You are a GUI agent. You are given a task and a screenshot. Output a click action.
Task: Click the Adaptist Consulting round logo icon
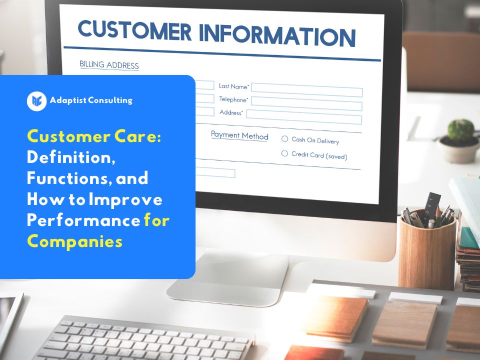click(x=36, y=101)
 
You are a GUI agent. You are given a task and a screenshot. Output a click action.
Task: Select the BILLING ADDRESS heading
click(x=109, y=65)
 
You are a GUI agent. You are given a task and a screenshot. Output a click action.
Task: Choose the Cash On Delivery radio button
click(x=285, y=138)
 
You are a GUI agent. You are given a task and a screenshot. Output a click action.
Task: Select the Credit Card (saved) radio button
click(x=285, y=153)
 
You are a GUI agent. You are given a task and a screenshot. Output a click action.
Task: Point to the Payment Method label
click(x=239, y=135)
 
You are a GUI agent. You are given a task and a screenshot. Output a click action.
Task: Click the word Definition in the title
click(x=71, y=157)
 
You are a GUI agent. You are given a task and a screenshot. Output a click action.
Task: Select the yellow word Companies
click(x=74, y=241)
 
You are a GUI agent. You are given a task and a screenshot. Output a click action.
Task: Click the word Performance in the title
click(x=83, y=220)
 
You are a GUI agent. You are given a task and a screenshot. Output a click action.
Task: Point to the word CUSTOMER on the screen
click(x=134, y=29)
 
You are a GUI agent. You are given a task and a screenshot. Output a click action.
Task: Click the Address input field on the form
click(x=303, y=116)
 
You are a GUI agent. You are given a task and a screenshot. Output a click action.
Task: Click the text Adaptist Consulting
click(x=91, y=100)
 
